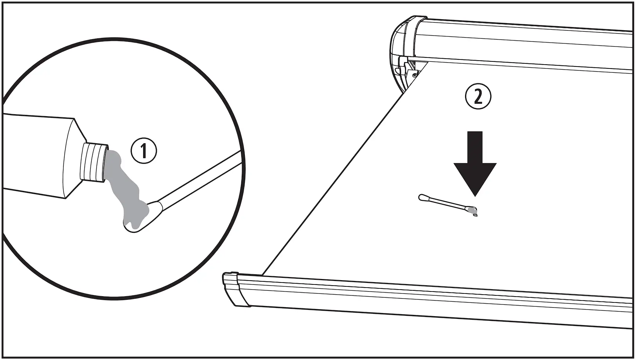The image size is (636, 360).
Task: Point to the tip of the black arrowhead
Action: [475, 195]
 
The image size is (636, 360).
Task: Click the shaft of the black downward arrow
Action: [475, 147]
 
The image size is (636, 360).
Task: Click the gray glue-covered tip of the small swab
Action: [472, 210]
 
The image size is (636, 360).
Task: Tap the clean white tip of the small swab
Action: [423, 198]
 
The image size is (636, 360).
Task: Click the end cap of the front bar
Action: [233, 290]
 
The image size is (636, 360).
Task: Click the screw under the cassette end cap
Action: [414, 75]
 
